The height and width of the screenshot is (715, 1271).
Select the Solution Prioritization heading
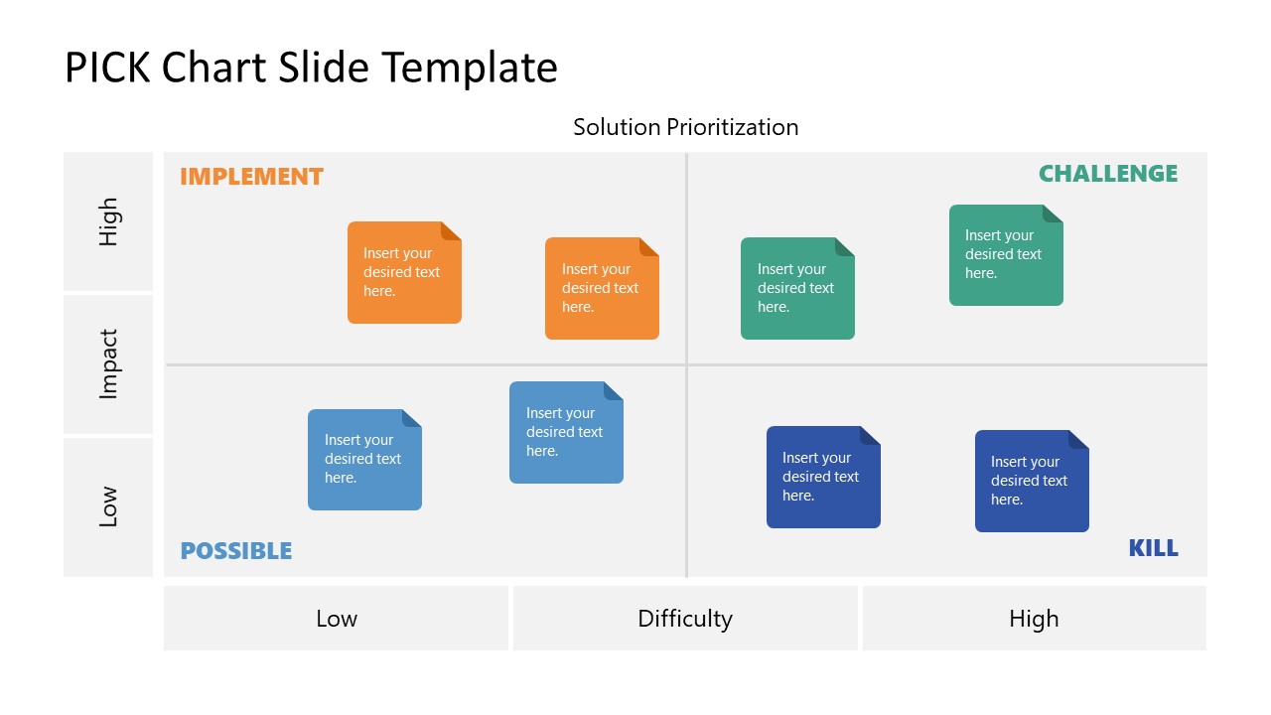[x=685, y=127]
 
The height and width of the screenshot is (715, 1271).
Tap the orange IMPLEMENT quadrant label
[x=251, y=177]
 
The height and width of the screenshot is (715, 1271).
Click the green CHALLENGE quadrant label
[x=1107, y=174]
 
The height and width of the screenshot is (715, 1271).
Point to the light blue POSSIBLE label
[x=236, y=551]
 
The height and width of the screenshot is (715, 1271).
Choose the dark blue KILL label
[x=1153, y=548]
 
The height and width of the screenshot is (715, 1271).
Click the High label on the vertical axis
[x=108, y=221]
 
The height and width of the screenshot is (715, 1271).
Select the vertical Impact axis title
[x=108, y=364]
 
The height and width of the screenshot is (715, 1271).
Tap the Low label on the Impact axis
[x=108, y=506]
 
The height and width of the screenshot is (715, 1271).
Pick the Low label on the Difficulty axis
[x=336, y=619]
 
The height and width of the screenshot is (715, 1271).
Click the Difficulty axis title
[x=685, y=619]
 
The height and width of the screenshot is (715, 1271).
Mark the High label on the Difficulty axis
[x=1034, y=619]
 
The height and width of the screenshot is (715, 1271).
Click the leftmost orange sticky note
[x=404, y=272]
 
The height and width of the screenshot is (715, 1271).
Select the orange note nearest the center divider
[x=602, y=288]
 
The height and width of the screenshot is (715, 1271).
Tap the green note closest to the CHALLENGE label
[x=1006, y=255]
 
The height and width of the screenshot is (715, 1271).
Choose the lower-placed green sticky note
[x=797, y=288]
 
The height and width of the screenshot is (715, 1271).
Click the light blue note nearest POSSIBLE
[x=364, y=460]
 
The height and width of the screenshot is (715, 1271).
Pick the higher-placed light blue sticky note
[x=566, y=432]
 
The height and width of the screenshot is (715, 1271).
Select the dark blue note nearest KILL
[x=1032, y=481]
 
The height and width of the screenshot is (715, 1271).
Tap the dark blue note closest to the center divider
[x=823, y=477]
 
